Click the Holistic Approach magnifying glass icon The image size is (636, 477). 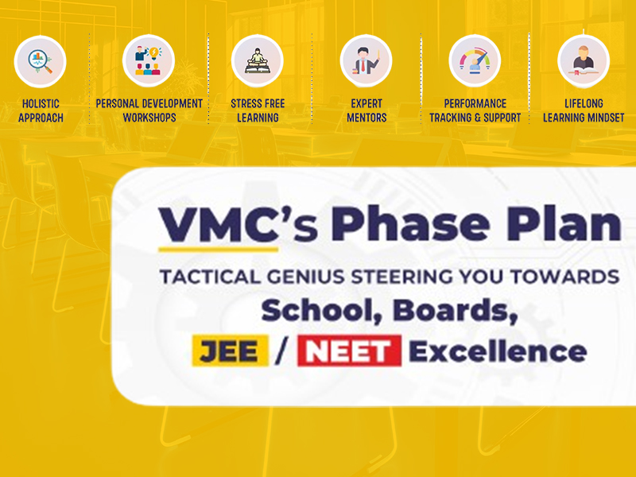[41, 62]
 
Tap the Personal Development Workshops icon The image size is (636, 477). [149, 61]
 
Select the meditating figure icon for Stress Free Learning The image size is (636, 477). [257, 61]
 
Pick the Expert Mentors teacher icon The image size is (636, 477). [366, 61]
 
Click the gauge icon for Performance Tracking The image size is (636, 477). [475, 61]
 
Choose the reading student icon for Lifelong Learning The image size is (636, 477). [584, 61]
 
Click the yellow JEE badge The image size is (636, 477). [230, 351]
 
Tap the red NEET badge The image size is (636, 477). [349, 351]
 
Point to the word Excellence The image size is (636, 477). [498, 351]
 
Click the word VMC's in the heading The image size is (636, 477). [238, 224]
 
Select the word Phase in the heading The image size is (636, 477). [411, 223]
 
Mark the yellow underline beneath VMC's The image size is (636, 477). [218, 250]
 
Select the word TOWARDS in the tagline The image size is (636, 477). [564, 277]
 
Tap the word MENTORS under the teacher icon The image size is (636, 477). [366, 118]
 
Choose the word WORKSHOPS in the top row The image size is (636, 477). [149, 118]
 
